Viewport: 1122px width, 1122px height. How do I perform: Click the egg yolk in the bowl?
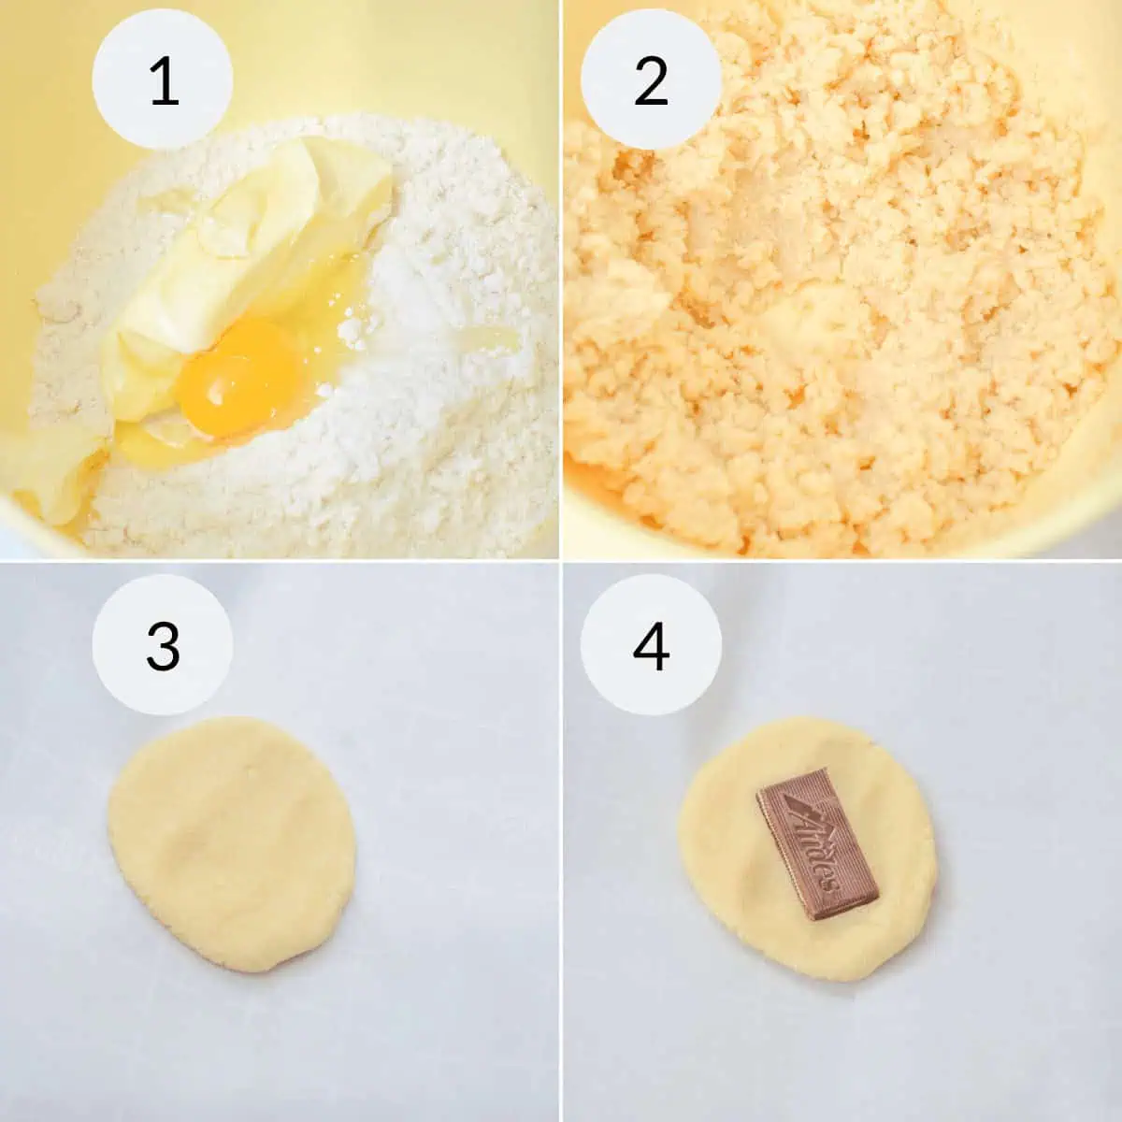[x=239, y=378]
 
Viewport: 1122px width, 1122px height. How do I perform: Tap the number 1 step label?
[x=164, y=80]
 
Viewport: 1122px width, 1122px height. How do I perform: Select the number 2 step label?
[x=651, y=80]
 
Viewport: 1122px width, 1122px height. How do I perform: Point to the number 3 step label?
[x=163, y=646]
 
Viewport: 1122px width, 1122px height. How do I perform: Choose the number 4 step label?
[x=651, y=646]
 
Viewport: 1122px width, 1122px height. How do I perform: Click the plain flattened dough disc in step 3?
[x=232, y=844]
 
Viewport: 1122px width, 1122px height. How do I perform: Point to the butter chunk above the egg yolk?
[x=256, y=233]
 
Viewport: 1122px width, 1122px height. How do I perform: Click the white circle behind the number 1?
[x=163, y=79]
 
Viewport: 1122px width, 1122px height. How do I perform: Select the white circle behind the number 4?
[x=651, y=644]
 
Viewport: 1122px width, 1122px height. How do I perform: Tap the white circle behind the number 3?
[x=163, y=644]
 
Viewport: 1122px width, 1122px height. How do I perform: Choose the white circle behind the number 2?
[x=651, y=79]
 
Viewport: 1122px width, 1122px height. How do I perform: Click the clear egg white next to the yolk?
[x=326, y=303]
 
